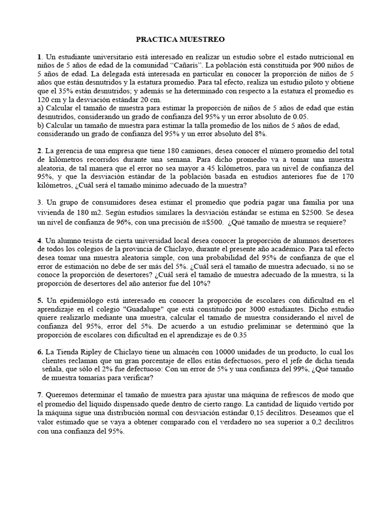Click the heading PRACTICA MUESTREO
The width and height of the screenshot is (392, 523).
click(x=179, y=39)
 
